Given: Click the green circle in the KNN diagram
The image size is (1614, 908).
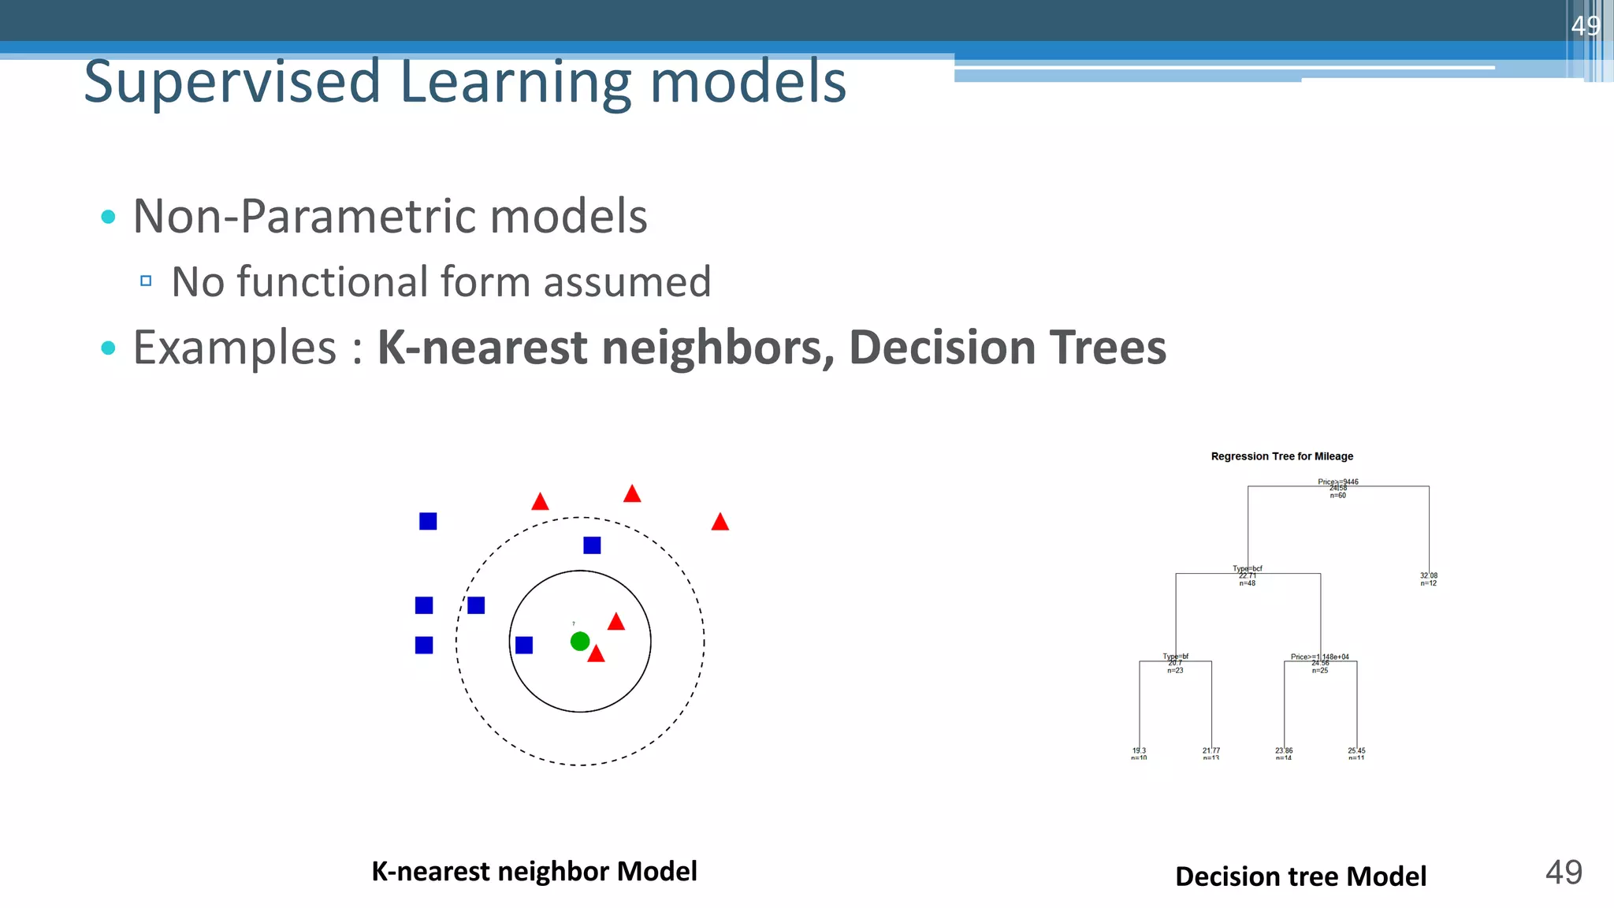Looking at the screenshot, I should click(580, 642).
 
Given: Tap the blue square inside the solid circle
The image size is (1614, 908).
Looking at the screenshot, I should click(524, 646).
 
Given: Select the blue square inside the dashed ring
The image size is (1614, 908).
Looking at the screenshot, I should click(592, 545).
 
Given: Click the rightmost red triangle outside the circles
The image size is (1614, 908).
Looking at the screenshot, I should click(720, 523).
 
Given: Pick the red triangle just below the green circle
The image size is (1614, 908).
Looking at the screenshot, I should click(597, 654).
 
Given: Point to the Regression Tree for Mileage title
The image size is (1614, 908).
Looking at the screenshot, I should click(1281, 456).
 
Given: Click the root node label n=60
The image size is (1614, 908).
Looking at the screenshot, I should click(1337, 496).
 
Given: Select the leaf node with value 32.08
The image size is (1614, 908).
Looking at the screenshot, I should click(1428, 579).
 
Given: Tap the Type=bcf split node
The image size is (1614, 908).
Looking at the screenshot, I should click(1247, 569).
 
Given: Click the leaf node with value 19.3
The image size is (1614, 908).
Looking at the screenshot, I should click(1139, 754).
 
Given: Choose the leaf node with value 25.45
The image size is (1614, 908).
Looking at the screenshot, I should click(1356, 754).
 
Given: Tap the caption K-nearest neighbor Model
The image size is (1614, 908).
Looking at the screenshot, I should click(534, 871).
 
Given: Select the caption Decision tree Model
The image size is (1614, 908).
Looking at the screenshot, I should click(1300, 876).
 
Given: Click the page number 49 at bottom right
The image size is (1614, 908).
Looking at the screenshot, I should click(1564, 873).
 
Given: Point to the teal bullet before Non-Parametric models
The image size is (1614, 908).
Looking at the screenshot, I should click(109, 217).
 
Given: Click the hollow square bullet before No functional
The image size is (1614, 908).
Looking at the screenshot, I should click(146, 281).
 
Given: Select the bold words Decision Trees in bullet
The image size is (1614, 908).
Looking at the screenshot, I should click(1007, 348).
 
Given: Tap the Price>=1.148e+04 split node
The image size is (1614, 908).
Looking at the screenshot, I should click(1320, 657).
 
